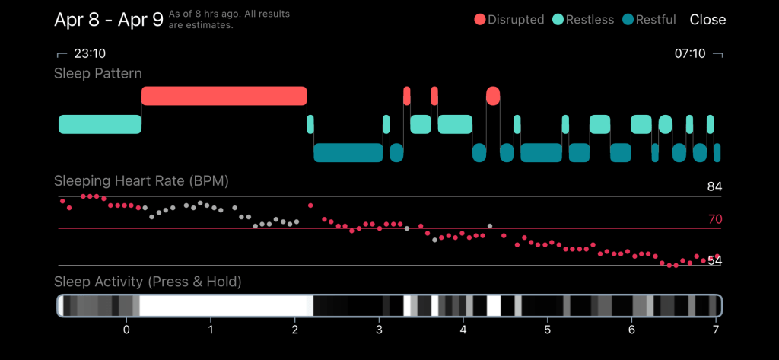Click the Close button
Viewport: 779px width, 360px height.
pos(707,20)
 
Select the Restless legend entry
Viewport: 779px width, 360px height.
pos(583,20)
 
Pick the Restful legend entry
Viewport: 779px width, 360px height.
pos(649,20)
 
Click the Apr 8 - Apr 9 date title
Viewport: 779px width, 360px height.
pos(108,20)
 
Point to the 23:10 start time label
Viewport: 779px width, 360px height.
pos(89,55)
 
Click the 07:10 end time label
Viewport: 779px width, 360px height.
pos(691,55)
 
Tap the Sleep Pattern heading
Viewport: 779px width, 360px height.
pos(98,74)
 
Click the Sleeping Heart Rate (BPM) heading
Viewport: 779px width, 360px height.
pos(141,181)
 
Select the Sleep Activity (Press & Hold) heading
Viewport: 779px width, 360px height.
pos(148,282)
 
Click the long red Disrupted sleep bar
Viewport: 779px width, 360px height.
pos(224,96)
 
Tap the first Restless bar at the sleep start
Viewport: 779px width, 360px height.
pos(100,124)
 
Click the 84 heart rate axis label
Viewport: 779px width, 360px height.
pos(714,187)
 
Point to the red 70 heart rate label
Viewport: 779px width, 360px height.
pos(714,220)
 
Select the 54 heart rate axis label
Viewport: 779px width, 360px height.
pos(714,260)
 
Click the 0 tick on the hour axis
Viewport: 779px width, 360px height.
pos(126,330)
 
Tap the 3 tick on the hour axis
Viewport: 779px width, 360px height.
pos(379,330)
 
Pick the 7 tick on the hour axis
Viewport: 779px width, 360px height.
pos(715,330)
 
